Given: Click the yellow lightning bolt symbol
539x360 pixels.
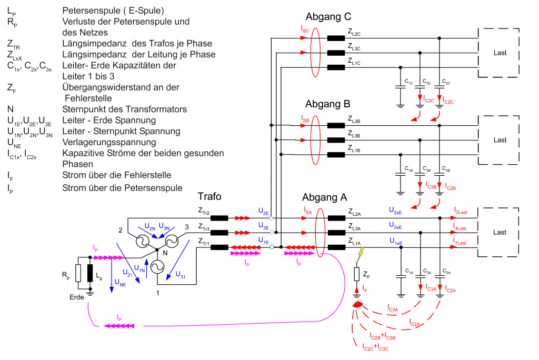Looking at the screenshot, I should (361, 253).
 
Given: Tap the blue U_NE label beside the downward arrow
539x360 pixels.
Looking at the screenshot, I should (120, 283).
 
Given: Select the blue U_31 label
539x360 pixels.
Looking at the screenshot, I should (181, 275).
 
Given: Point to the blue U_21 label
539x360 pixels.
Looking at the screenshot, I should (127, 273).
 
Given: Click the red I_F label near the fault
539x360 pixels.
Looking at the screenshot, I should (365, 289).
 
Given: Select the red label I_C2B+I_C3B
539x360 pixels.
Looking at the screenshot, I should (382, 336).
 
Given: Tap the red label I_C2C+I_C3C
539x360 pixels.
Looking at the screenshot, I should (375, 347).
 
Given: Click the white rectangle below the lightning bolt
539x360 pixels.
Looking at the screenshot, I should (356, 274).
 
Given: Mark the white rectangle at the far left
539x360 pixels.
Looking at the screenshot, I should (78, 273).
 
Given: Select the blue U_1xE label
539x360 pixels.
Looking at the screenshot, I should (396, 241).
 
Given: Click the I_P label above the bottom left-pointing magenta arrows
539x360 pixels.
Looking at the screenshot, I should (119, 318).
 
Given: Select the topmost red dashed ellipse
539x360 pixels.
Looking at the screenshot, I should (315, 52).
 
